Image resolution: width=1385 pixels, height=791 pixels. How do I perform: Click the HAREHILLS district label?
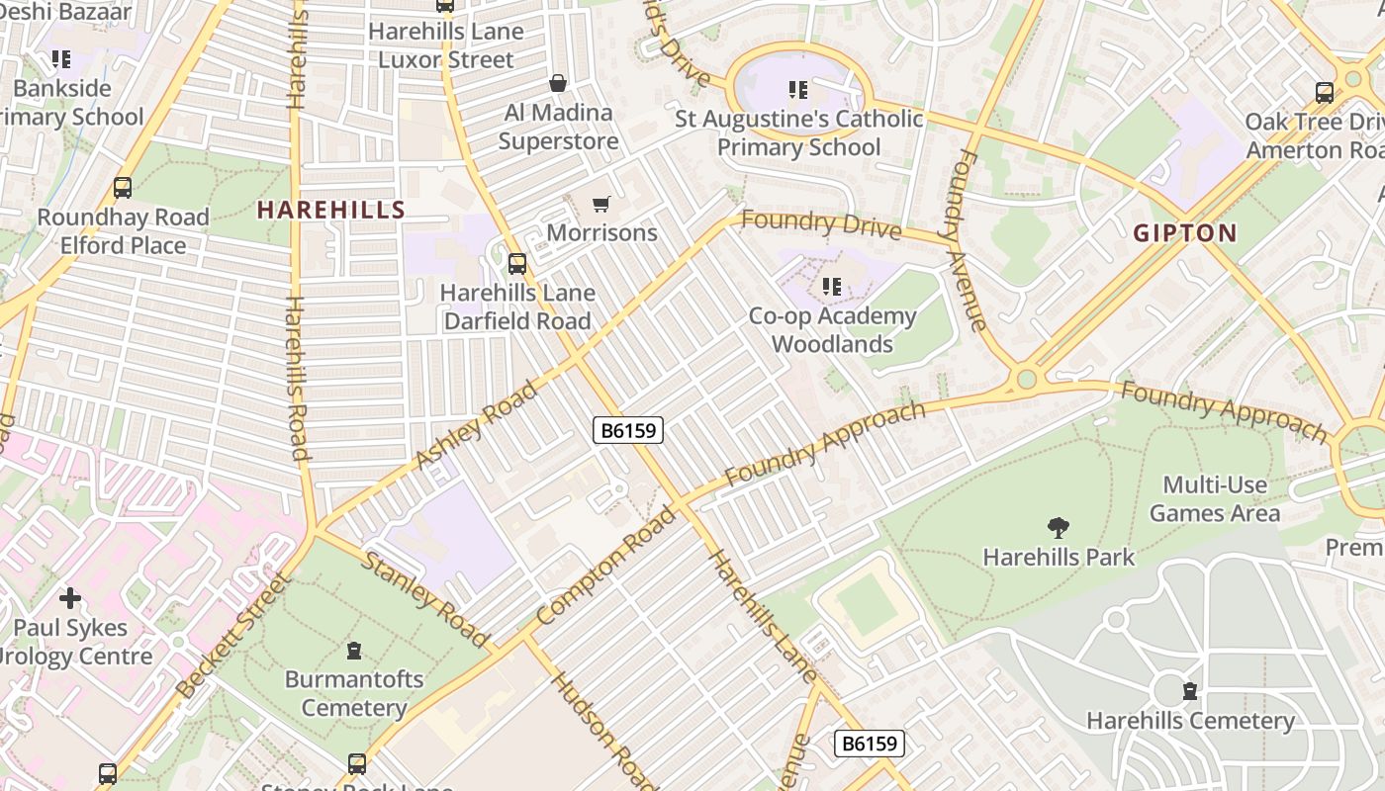point(331,210)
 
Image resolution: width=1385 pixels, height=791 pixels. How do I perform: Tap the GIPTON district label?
point(1185,233)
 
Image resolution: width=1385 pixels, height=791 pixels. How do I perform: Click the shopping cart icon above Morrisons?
point(600,205)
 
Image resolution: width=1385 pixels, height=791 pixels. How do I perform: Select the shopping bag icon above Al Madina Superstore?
point(558,83)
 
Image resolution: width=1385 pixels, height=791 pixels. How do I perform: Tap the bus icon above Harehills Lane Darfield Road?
point(516,264)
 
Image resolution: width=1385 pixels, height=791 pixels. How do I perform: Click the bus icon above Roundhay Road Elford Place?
point(123,188)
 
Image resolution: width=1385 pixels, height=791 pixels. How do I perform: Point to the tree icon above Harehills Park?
point(1058,528)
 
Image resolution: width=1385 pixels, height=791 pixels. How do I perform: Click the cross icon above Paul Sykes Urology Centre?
point(70,598)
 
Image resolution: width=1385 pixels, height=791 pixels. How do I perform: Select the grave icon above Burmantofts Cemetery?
point(353,651)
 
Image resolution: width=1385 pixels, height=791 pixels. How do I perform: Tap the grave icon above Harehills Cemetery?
point(1189,691)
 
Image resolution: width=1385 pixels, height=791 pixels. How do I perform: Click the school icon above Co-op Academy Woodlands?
point(832,287)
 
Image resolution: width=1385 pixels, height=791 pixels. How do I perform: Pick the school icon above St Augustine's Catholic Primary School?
point(798,91)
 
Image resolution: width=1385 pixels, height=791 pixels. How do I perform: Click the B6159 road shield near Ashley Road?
point(628,430)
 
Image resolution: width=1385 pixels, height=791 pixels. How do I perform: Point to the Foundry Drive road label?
point(820,224)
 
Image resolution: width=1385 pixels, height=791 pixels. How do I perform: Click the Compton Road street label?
point(606,566)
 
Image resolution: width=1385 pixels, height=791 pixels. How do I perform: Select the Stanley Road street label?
point(425,600)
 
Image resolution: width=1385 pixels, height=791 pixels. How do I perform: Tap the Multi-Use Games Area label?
point(1214,499)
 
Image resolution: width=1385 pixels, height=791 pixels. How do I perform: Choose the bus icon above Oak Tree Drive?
point(1325,93)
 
